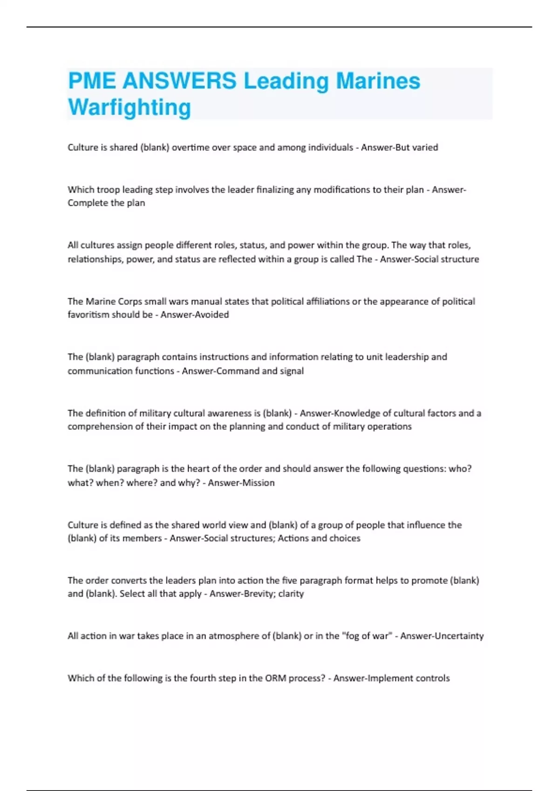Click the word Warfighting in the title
(x=130, y=107)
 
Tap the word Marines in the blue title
(x=378, y=81)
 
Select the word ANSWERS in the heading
(x=179, y=81)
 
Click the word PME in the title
(x=92, y=81)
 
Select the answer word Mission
(x=258, y=483)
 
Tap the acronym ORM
(x=276, y=678)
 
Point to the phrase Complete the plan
(x=106, y=203)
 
